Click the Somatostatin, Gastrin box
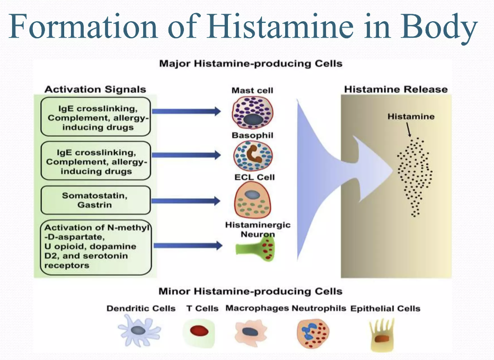tap(95, 200)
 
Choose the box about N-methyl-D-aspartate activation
tap(95, 246)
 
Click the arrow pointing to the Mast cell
tap(186, 111)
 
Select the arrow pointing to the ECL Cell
tap(186, 200)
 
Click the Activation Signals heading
tap(95, 89)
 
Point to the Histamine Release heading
tap(395, 89)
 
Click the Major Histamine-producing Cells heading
tap(251, 64)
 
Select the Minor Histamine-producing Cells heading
tap(250, 291)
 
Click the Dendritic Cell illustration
tap(138, 330)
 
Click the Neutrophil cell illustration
tap(312, 332)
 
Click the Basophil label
tap(252, 135)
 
